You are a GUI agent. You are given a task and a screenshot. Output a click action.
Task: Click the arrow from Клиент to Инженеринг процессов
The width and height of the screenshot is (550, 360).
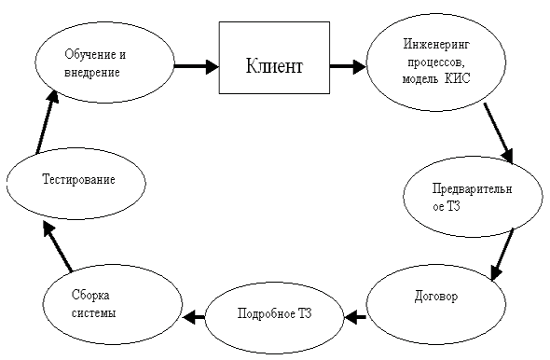tap(348, 66)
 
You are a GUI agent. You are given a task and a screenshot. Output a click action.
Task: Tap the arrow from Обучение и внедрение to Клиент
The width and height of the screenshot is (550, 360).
tap(197, 66)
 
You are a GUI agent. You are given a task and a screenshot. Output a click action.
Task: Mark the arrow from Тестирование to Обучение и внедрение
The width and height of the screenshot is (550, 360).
tap(47, 121)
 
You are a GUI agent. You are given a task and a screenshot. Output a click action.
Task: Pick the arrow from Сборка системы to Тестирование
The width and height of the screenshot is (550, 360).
tap(57, 246)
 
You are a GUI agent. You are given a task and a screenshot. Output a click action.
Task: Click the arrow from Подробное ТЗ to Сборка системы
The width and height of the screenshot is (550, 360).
tap(194, 317)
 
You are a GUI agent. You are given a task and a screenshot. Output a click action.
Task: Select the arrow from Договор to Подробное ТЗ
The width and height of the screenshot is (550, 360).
tap(355, 317)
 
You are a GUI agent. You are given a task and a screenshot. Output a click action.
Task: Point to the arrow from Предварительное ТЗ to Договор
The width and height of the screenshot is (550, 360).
tap(502, 255)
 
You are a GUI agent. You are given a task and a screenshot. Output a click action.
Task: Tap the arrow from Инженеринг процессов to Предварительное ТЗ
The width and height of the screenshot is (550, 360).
tap(499, 133)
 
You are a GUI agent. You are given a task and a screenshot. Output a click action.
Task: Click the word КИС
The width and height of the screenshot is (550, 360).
tap(458, 78)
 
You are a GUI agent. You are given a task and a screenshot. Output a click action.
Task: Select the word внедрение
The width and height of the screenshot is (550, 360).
tap(92, 73)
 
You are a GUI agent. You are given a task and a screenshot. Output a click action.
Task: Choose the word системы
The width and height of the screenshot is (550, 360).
tap(93, 312)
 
